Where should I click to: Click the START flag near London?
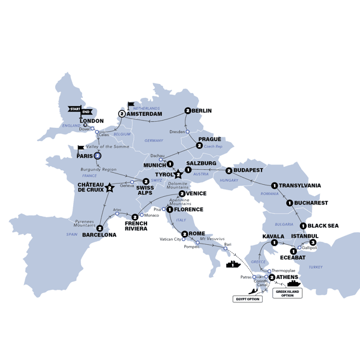[x=74, y=109]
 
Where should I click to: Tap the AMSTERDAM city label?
[x=145, y=113]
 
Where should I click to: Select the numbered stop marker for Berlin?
[x=188, y=111]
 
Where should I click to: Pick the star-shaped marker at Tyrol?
[x=178, y=174]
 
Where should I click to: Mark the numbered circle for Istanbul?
[x=313, y=242]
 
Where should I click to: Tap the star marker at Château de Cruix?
[x=109, y=188]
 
